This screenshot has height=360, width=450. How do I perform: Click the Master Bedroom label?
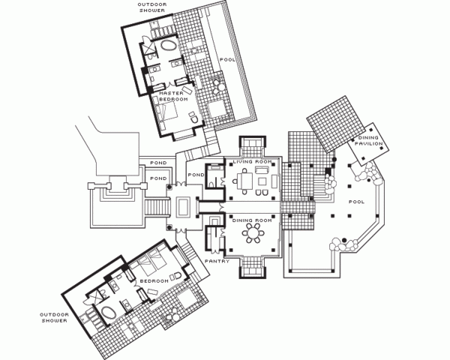[173, 96]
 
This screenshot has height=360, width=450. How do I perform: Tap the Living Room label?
[252, 162]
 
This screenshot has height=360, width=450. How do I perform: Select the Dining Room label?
[252, 220]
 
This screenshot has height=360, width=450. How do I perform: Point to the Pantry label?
[217, 261]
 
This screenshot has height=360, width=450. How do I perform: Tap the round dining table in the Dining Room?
[253, 232]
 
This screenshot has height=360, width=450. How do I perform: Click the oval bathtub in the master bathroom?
[168, 45]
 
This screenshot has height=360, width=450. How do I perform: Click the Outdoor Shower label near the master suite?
[152, 7]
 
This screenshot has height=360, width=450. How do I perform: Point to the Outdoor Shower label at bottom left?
[54, 318]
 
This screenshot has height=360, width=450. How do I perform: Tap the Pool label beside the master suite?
[227, 60]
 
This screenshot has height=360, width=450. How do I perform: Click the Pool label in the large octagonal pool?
[357, 202]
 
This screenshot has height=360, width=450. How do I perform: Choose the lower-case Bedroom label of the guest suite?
[154, 280]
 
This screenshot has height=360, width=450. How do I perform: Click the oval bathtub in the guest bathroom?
[107, 313]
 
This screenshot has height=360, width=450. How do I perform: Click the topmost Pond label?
[158, 163]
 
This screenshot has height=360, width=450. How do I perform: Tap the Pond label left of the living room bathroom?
[196, 175]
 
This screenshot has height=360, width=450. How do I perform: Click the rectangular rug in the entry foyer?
[183, 206]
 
